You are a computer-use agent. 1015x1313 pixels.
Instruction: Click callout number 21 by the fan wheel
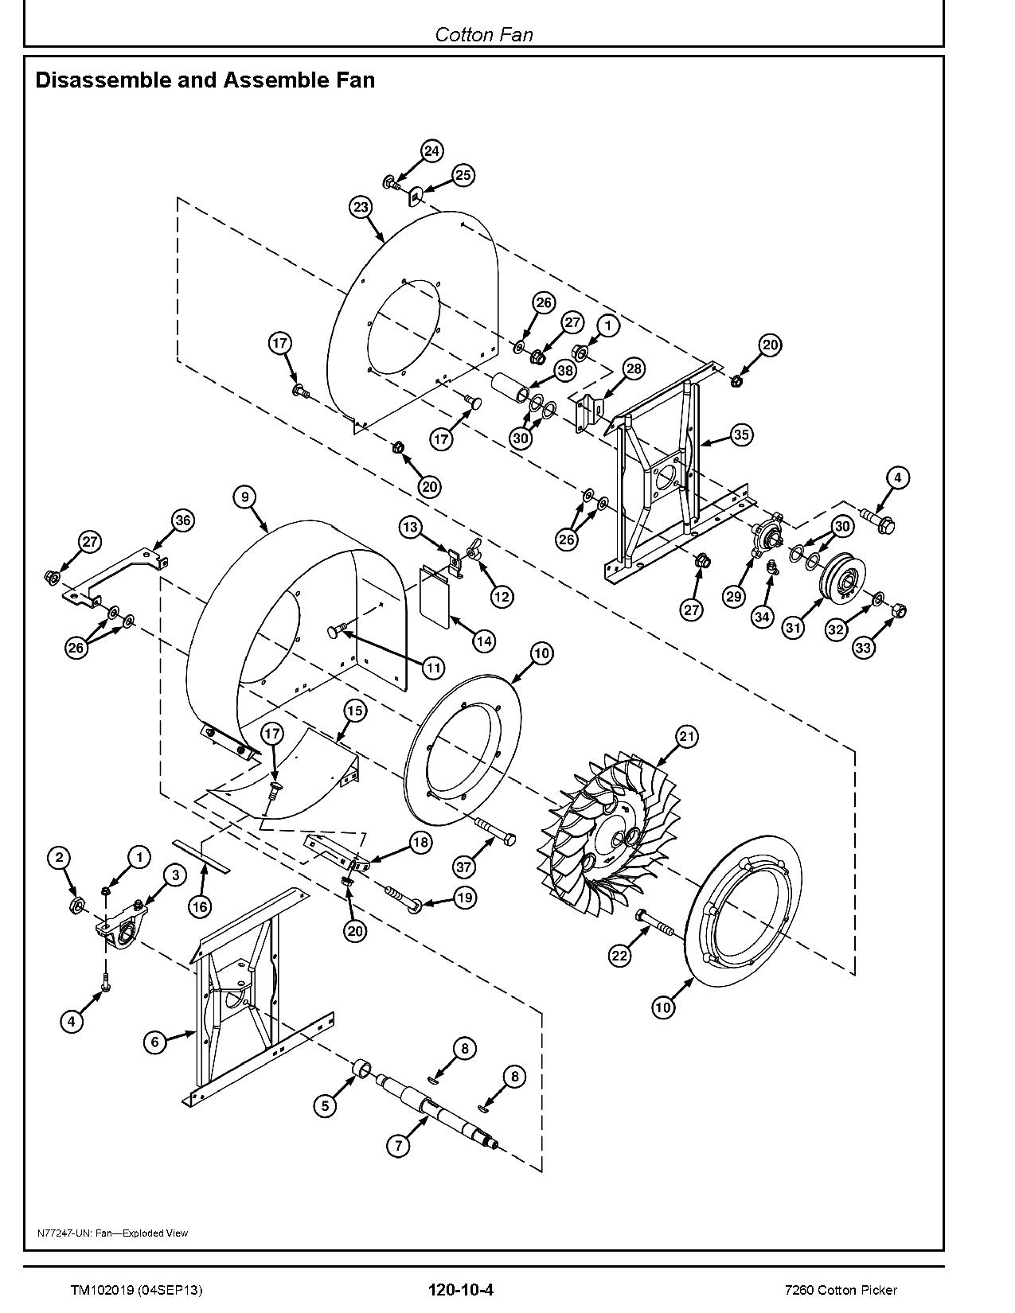[x=686, y=737]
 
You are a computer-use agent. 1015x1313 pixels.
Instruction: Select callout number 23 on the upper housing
[x=361, y=208]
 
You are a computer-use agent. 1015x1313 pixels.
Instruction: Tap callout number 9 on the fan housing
[x=245, y=497]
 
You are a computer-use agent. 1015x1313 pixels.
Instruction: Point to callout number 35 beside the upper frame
[x=741, y=434]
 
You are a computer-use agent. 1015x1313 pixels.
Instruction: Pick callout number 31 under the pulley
[x=793, y=628]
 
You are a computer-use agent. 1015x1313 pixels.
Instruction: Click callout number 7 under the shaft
[x=398, y=1145]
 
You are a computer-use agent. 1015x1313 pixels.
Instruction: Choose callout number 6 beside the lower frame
[x=155, y=1042]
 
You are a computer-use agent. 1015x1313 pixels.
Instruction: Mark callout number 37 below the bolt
[x=463, y=867]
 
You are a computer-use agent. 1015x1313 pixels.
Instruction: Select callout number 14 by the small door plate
[x=483, y=641]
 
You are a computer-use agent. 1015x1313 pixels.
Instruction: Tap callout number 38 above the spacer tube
[x=564, y=370]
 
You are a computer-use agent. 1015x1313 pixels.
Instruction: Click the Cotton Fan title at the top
[x=483, y=34]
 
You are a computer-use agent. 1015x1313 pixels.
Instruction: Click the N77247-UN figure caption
[x=112, y=1233]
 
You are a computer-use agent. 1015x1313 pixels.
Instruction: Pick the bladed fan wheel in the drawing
[x=613, y=836]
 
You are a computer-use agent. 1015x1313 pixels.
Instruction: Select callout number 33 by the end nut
[x=864, y=647]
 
